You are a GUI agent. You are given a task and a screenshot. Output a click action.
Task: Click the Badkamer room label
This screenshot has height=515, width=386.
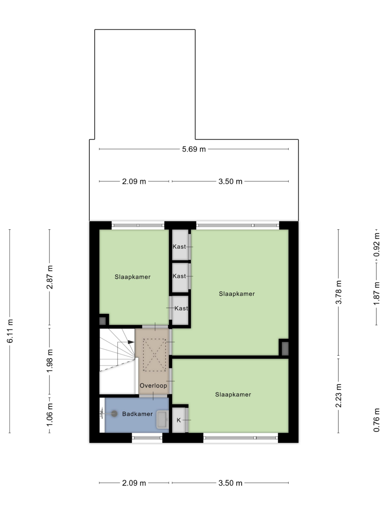pos(138,414)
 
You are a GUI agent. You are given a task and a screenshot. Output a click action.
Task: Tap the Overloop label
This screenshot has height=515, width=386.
pos(153,385)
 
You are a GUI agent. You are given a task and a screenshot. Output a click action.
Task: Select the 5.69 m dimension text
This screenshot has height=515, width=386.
pos(194,149)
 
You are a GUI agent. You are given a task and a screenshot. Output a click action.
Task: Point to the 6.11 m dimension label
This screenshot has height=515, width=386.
pos(10,331)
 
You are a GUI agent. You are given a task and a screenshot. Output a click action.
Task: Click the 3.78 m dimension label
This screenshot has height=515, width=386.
pos(339,292)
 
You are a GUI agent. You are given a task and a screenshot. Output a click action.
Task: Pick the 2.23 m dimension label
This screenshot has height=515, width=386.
pos(339,396)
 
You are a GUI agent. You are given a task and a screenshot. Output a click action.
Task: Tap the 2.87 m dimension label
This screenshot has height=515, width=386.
pos(50,277)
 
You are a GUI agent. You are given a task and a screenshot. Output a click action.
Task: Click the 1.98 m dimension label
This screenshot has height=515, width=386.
pos(50,361)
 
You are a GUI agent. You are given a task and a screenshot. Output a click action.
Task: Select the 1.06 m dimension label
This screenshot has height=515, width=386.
pos(50,415)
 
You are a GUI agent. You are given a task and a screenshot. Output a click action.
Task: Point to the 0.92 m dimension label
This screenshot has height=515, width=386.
pos(377,245)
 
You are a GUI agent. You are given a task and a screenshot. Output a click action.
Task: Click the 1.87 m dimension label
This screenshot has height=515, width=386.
pos(377,294)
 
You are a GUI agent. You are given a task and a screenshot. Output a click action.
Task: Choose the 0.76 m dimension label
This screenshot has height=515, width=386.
pos(377,420)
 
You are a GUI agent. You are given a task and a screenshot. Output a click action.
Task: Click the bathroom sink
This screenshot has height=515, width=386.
pos(162,419)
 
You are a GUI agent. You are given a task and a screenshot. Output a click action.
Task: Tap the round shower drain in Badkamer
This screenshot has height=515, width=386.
pos(114,414)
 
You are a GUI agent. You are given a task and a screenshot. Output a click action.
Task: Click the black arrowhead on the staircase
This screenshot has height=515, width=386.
pos(131,342)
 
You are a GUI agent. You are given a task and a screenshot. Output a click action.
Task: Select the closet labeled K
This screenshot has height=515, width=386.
pos(179,420)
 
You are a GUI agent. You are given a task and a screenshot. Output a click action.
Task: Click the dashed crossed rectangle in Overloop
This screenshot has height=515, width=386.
pos(154,355)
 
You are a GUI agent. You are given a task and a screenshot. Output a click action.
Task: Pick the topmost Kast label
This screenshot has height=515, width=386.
pos(179,247)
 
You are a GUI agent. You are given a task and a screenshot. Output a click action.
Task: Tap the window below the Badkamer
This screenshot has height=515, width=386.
pos(147,438)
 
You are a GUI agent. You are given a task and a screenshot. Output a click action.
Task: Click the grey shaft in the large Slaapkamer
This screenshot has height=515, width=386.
pos(285,349)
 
